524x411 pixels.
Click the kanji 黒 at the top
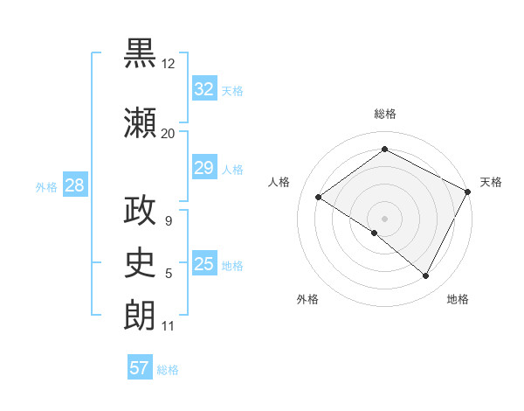[140, 53]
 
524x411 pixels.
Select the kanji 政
[140, 211]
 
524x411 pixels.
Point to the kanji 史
[140, 261]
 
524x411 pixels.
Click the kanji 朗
[140, 314]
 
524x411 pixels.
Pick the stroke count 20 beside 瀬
[168, 134]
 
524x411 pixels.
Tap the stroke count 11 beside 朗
[168, 327]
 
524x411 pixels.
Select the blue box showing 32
[203, 88]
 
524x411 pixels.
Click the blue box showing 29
[203, 168]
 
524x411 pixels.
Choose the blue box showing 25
[203, 264]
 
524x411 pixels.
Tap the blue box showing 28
[74, 185]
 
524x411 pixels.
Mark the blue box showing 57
[140, 368]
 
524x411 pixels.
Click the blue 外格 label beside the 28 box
[46, 186]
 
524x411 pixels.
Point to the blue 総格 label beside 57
[168, 370]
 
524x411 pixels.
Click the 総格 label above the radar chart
[384, 114]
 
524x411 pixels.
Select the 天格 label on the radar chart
[491, 182]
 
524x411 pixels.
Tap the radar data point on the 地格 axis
[426, 276]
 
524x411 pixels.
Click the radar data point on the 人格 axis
[318, 197]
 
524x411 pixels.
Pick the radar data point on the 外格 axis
[375, 233]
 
